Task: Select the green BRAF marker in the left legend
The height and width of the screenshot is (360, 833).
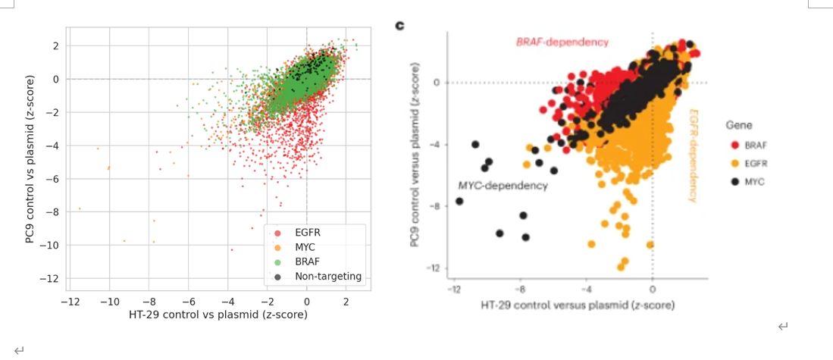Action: [278, 261]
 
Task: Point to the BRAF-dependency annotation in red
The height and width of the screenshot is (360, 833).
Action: [562, 42]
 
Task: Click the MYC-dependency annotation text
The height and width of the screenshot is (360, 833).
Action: [503, 186]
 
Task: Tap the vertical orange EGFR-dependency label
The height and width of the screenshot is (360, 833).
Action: [692, 155]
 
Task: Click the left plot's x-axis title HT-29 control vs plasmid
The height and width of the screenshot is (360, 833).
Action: [218, 315]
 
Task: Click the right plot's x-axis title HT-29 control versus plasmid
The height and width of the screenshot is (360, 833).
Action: [578, 305]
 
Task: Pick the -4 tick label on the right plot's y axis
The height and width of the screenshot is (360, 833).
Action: [436, 145]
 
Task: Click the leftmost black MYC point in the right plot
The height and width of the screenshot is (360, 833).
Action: [459, 202]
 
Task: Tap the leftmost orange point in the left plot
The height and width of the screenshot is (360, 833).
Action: [80, 208]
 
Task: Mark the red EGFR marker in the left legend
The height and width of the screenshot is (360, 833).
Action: [278, 233]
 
